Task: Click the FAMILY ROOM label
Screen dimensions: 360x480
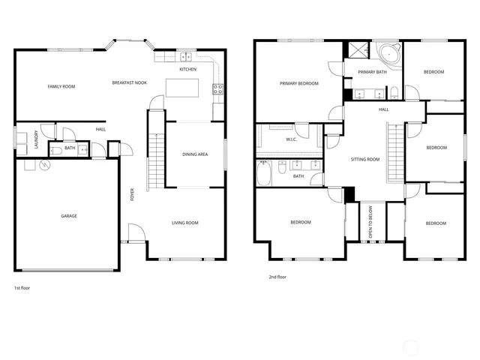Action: click(61, 87)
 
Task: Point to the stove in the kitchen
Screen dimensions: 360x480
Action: click(218, 88)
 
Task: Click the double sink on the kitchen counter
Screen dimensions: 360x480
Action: click(184, 57)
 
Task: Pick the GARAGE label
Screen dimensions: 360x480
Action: click(69, 216)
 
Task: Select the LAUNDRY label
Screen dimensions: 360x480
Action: click(35, 141)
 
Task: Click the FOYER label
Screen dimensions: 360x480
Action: click(133, 195)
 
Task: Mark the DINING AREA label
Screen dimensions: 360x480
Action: click(196, 154)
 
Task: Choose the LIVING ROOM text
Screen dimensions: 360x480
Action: click(184, 223)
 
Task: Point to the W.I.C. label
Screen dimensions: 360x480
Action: click(292, 139)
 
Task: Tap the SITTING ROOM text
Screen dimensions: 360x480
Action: click(365, 159)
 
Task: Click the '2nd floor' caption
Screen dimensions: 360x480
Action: click(277, 277)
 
